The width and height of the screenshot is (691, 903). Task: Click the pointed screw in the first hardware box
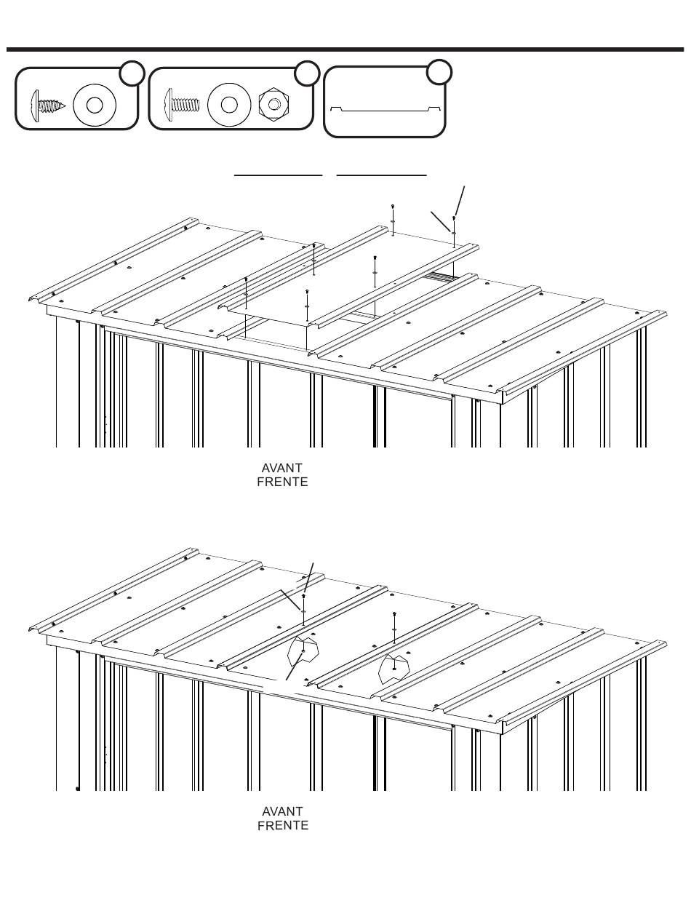pyautogui.click(x=48, y=106)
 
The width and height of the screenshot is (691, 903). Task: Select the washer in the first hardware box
pyautogui.click(x=95, y=105)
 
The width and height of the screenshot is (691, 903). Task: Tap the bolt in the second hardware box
pyautogui.click(x=181, y=104)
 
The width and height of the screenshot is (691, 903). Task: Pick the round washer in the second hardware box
pyautogui.click(x=229, y=105)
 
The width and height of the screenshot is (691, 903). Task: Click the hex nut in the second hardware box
pyautogui.click(x=273, y=104)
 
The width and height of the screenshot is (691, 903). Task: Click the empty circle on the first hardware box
pyautogui.click(x=132, y=73)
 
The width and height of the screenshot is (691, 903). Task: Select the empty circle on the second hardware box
pyautogui.click(x=307, y=73)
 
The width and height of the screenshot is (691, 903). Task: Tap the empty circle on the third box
pyautogui.click(x=439, y=72)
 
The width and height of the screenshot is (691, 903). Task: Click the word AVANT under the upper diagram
pyautogui.click(x=282, y=468)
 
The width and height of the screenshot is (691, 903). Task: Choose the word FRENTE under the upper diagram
pyautogui.click(x=282, y=482)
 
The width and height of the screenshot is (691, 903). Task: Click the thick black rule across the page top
pyautogui.click(x=345, y=49)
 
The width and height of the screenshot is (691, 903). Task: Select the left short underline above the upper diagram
pyautogui.click(x=279, y=175)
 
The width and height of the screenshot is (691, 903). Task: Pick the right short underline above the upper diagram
pyautogui.click(x=382, y=175)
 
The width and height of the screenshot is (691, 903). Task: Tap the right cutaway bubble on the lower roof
pyautogui.click(x=394, y=669)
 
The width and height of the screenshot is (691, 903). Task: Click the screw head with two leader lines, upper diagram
pyautogui.click(x=454, y=218)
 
